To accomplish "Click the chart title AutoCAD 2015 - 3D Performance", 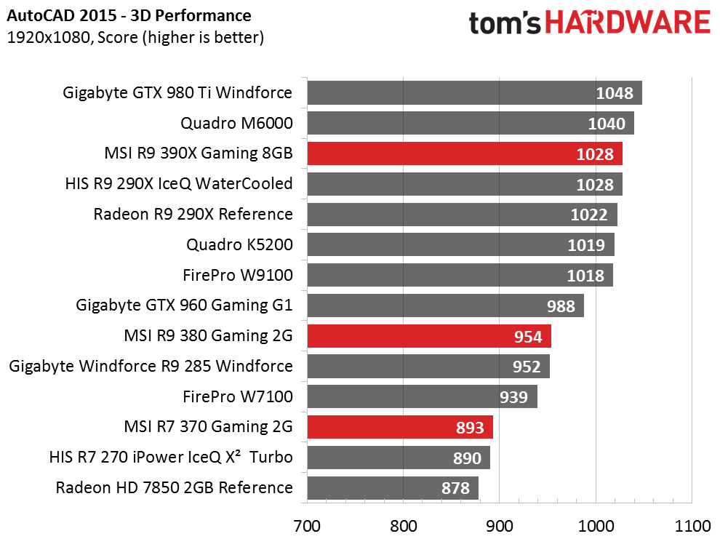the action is point(129,15).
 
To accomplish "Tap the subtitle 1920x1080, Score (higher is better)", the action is point(135,37).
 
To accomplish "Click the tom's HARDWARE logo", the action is point(590,23).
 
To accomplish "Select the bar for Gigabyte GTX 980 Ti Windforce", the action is point(475,92).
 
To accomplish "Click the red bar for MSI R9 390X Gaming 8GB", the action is point(465,153).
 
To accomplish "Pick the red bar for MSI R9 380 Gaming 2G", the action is point(429,336).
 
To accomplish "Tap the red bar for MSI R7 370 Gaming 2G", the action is point(400,427).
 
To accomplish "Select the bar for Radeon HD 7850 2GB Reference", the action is point(393,488).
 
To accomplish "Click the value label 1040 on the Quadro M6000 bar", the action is point(607,124).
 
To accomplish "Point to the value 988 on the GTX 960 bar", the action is point(561,306).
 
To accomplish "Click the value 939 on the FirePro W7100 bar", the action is point(514,397).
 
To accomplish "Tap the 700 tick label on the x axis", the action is point(307,526).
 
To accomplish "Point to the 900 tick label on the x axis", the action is point(499,526).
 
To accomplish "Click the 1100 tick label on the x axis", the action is point(692,526).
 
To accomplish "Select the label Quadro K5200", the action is point(239,244).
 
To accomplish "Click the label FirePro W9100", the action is point(237,275).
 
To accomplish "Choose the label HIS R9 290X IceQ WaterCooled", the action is point(179,183).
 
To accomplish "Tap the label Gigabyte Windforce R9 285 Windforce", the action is point(151,367).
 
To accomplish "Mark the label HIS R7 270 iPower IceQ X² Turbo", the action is point(171,458).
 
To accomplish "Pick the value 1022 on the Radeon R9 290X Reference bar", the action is point(588,215).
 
